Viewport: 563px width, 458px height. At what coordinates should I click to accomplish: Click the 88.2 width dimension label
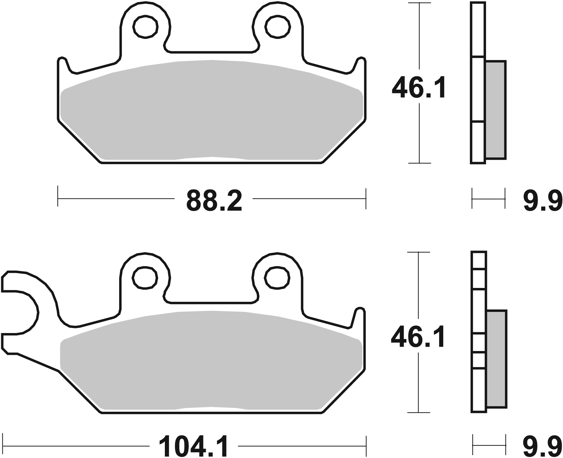click(x=214, y=200)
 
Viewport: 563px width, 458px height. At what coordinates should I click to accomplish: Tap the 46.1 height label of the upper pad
click(x=418, y=88)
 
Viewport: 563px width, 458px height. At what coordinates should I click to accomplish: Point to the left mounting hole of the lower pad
click(x=145, y=277)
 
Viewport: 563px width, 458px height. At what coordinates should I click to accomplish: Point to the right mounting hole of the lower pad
click(x=277, y=277)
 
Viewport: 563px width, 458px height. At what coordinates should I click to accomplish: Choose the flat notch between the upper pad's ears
click(x=211, y=52)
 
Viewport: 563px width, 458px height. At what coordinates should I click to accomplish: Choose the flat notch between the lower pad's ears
click(x=211, y=302)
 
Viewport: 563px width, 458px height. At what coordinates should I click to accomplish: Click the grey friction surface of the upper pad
click(x=211, y=112)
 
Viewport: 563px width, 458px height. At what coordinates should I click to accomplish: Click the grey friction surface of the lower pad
click(x=211, y=363)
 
